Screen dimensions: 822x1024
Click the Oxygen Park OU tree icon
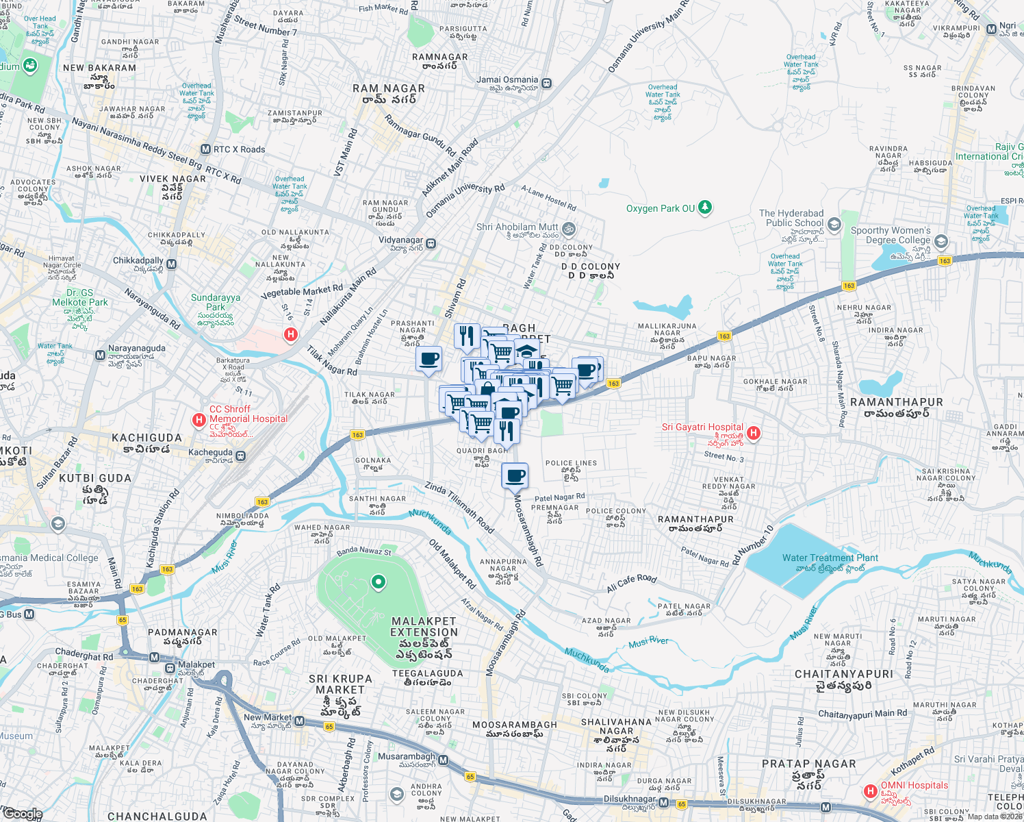(x=705, y=208)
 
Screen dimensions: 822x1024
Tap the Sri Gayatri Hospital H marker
(x=754, y=433)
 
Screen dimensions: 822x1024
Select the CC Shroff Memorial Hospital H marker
(x=199, y=420)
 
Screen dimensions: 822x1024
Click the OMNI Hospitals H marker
(x=870, y=791)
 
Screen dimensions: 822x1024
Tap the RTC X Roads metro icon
(x=205, y=149)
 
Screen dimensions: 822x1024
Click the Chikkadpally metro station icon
(x=172, y=264)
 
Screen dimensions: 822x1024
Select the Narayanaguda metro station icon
(x=101, y=355)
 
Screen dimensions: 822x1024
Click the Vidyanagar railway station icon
(x=431, y=243)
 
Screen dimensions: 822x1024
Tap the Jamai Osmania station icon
(x=546, y=84)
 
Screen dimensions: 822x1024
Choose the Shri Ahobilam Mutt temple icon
(x=569, y=229)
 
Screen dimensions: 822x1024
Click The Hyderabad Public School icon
(x=834, y=224)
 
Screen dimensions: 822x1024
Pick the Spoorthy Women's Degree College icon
(x=941, y=241)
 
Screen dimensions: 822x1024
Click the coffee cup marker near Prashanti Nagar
(x=428, y=359)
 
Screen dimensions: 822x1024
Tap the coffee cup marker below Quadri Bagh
(x=515, y=475)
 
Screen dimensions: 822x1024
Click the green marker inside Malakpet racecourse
(x=378, y=582)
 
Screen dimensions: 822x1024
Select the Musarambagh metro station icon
(x=443, y=760)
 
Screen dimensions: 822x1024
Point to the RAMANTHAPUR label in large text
(x=896, y=402)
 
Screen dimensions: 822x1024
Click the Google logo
(x=23, y=814)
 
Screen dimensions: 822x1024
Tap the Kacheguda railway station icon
(x=240, y=456)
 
